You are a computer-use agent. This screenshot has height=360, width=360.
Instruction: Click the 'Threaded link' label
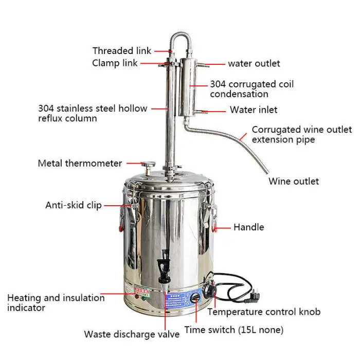coord(122,51)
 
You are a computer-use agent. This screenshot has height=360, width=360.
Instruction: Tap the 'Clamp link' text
coord(115,63)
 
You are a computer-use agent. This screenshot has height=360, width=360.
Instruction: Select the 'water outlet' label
coord(254,64)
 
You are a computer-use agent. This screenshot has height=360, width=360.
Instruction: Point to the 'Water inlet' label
coord(254,110)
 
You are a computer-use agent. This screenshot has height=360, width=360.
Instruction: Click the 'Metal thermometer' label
coord(80,164)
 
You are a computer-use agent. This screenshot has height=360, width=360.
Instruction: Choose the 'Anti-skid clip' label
coord(74,205)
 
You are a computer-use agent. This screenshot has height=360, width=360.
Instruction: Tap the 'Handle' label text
coord(249,227)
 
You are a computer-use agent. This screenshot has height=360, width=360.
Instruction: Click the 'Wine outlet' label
coord(294,182)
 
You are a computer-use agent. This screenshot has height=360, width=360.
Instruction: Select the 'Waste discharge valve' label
coord(132,334)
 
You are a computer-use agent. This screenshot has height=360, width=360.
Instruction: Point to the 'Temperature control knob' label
coord(264,312)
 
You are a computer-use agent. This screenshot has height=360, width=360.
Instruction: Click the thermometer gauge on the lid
coord(148,165)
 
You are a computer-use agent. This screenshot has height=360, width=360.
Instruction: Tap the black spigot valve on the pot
coord(164,266)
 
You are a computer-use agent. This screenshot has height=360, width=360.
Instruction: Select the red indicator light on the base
coord(137,297)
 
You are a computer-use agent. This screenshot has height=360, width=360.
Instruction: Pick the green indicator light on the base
coord(143,298)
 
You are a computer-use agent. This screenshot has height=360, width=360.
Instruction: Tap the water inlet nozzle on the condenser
coord(200,112)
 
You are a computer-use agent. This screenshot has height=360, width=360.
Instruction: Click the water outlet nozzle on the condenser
coord(203,65)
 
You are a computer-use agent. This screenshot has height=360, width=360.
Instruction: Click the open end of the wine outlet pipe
coord(267,172)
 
